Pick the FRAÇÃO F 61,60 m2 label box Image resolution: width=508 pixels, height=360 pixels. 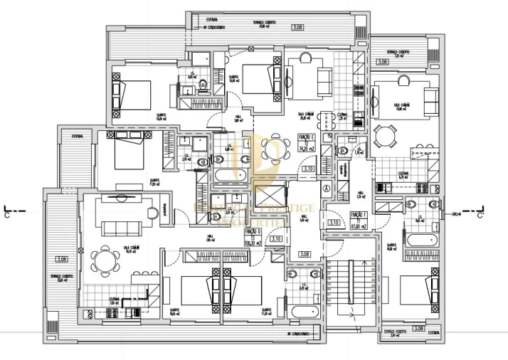(357, 221)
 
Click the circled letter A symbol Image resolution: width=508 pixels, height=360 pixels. (326, 189)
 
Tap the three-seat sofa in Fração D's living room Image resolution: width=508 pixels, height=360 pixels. (123, 227)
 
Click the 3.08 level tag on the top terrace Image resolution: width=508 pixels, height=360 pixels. (297, 27)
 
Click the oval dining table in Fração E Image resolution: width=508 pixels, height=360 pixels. (270, 149)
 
